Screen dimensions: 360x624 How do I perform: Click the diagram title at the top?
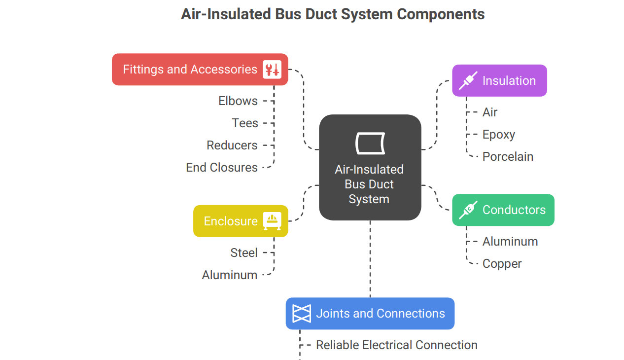pyautogui.click(x=333, y=14)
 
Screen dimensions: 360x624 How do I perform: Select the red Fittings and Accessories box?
pyautogui.click(x=190, y=70)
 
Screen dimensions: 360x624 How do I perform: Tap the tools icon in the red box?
pyautogui.click(x=272, y=70)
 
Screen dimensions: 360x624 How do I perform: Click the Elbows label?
pyautogui.click(x=238, y=101)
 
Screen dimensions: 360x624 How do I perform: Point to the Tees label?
pyautogui.click(x=245, y=123)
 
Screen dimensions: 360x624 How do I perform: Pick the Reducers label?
pyautogui.click(x=232, y=145)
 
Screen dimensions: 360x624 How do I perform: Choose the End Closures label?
pyautogui.click(x=222, y=168)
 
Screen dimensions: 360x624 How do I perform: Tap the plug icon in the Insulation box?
pyautogui.click(x=468, y=81)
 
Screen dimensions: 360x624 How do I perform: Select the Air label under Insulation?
pyautogui.click(x=490, y=112)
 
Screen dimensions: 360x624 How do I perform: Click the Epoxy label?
pyautogui.click(x=499, y=135)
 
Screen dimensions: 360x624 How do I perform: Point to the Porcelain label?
pyautogui.click(x=508, y=157)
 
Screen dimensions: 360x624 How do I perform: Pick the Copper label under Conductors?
pyautogui.click(x=502, y=264)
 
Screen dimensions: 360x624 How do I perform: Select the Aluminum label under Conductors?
pyautogui.click(x=510, y=242)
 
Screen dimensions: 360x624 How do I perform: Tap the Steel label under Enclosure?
pyautogui.click(x=244, y=253)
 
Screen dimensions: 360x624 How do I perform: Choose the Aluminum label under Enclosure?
pyautogui.click(x=230, y=275)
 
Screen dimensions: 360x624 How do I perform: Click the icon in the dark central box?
pyautogui.click(x=370, y=143)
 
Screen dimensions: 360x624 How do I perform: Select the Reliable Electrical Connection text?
pyautogui.click(x=397, y=345)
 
